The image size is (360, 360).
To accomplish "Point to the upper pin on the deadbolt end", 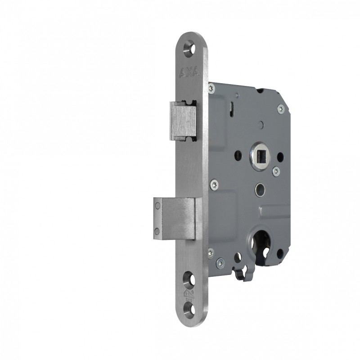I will (157, 206).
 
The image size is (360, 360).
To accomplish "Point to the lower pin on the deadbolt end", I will (157, 231).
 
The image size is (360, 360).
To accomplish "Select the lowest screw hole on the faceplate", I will (191, 310).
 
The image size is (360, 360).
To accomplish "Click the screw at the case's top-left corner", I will (212, 87).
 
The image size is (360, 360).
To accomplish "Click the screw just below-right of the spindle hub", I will (276, 171).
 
